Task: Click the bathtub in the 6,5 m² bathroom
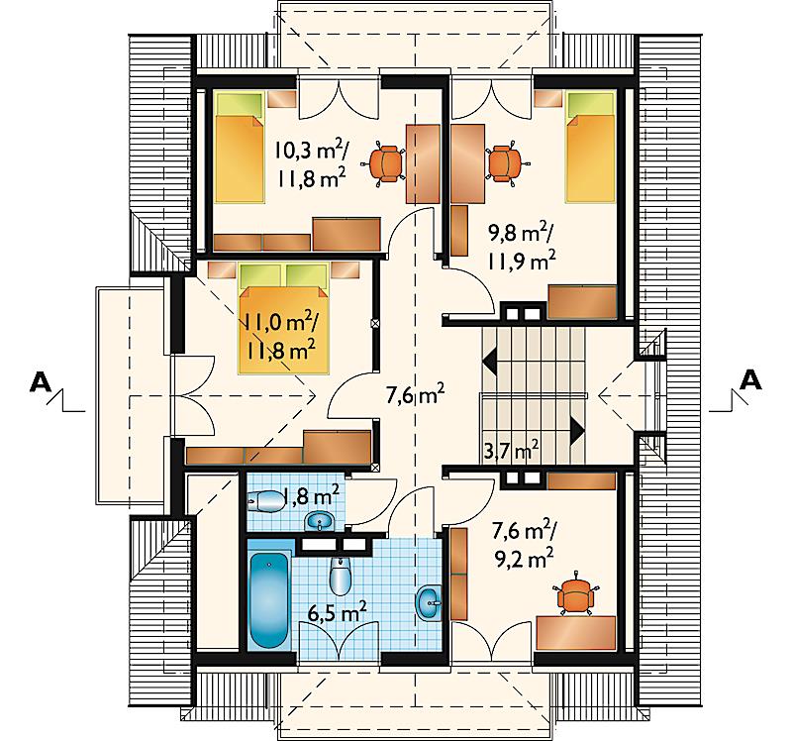click(x=269, y=600)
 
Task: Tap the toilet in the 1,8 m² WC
click(x=266, y=501)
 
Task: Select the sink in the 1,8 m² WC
click(x=319, y=521)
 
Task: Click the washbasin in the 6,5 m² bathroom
click(x=429, y=602)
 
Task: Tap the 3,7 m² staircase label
click(x=511, y=450)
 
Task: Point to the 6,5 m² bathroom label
click(x=338, y=613)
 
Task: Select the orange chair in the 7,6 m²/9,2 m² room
click(x=575, y=595)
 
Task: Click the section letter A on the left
click(x=41, y=382)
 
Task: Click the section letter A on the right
click(x=750, y=379)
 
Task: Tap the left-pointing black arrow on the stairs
click(x=489, y=361)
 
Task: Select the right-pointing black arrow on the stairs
click(x=577, y=430)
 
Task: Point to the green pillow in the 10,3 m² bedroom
click(x=241, y=104)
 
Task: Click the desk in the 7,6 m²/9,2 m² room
click(x=576, y=632)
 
